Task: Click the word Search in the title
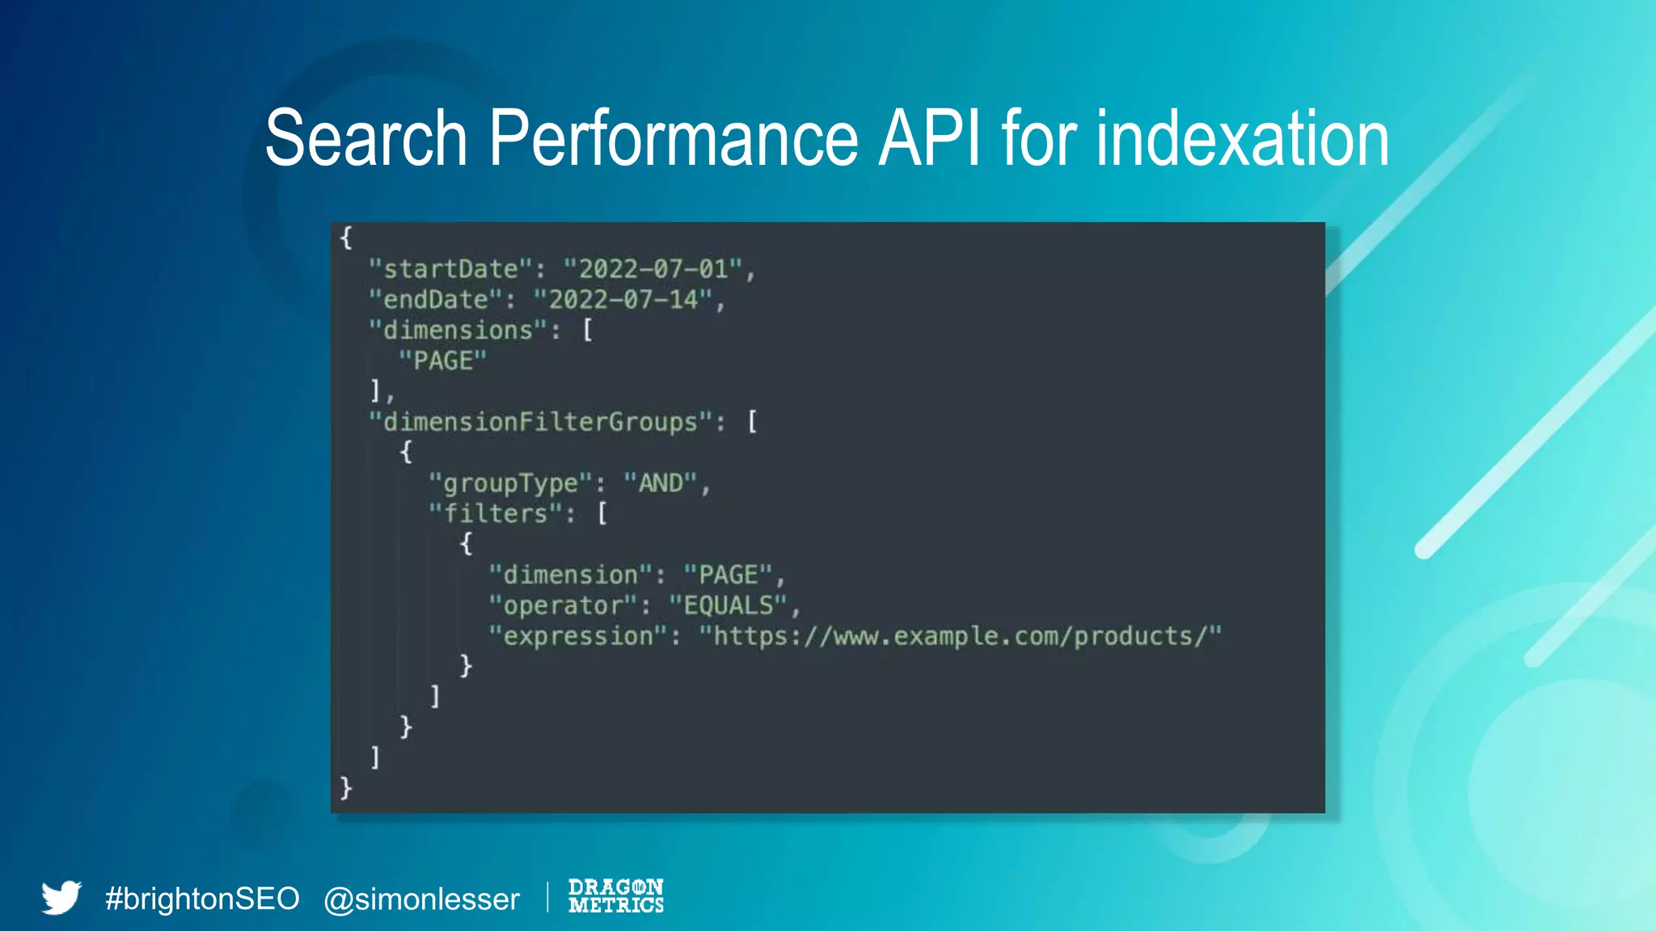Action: [365, 138]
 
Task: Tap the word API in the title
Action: [929, 138]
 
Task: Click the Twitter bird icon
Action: [61, 897]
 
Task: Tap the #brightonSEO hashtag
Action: [202, 899]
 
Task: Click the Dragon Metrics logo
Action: [616, 896]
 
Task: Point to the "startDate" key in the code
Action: [450, 269]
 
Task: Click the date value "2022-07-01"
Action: [653, 269]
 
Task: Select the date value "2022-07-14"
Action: [623, 300]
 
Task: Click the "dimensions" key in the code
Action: [458, 331]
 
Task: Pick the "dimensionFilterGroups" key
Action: [540, 422]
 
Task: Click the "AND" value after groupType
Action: [661, 483]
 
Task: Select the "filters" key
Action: [496, 514]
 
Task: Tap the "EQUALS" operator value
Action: [729, 605]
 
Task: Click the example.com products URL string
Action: [961, 636]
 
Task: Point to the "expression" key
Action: [578, 636]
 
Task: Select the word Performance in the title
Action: [673, 138]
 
